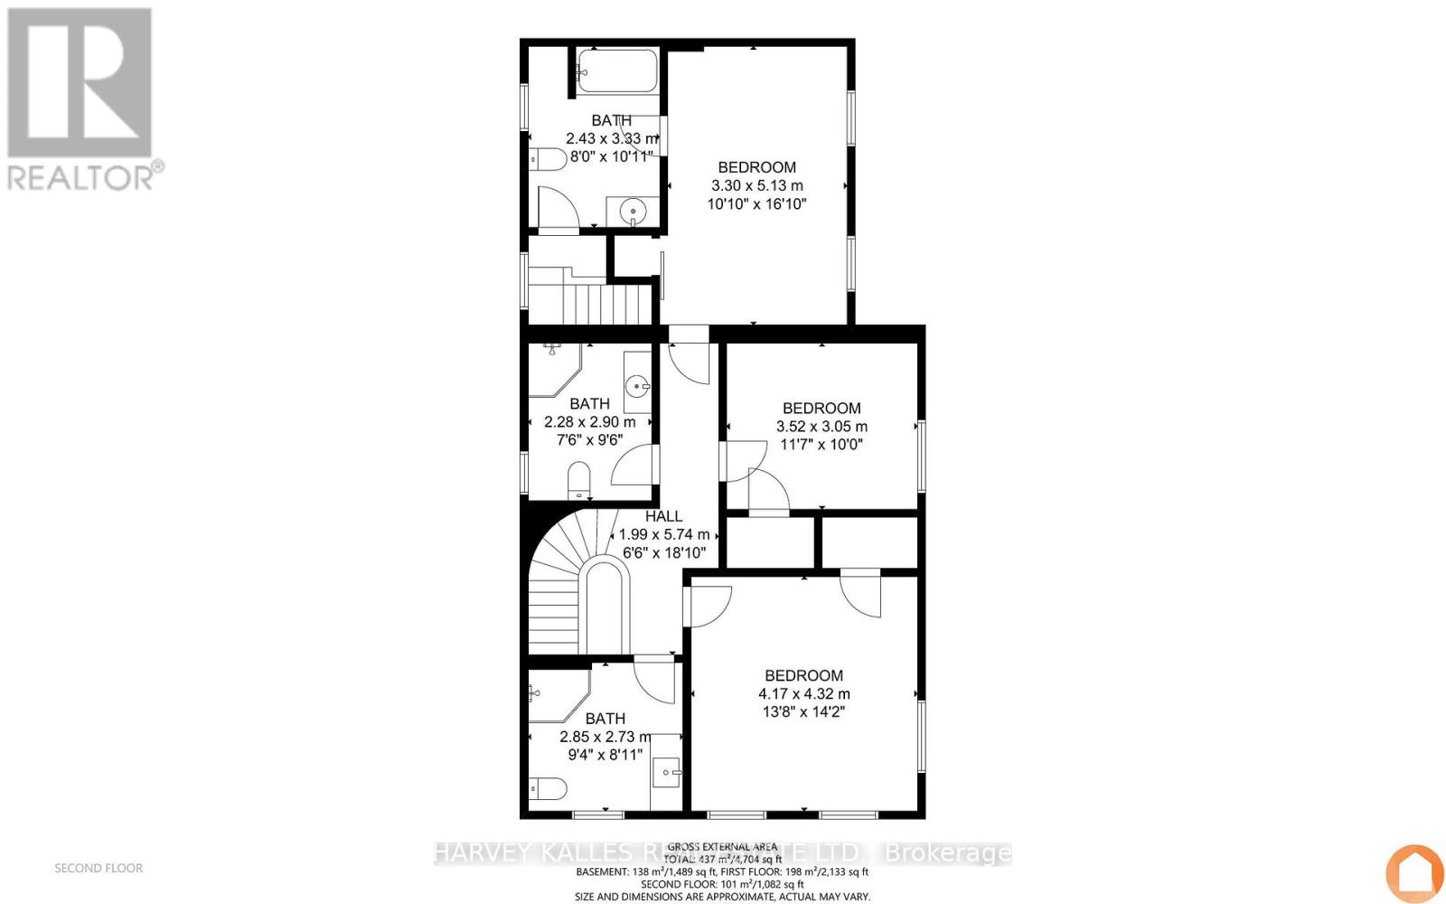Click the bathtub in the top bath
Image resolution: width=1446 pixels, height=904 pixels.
618,71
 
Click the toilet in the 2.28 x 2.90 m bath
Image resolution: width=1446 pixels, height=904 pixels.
578,479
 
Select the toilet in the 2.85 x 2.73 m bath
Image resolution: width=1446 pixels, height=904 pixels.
548,789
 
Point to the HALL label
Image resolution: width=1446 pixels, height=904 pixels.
663,516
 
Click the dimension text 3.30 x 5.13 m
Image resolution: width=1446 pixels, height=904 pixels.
756,185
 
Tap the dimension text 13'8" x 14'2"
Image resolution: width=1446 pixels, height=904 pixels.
803,711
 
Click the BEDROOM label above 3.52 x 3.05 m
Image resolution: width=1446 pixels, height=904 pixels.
822,408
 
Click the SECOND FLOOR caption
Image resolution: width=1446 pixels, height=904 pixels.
99,868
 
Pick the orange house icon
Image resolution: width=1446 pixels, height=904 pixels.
1414,872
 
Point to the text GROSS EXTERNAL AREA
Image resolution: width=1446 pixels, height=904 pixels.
723,846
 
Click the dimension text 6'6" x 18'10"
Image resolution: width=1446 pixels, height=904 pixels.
663,552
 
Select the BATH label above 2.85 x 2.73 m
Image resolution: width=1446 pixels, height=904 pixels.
606,719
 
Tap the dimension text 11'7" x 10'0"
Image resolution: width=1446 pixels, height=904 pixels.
822,444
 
